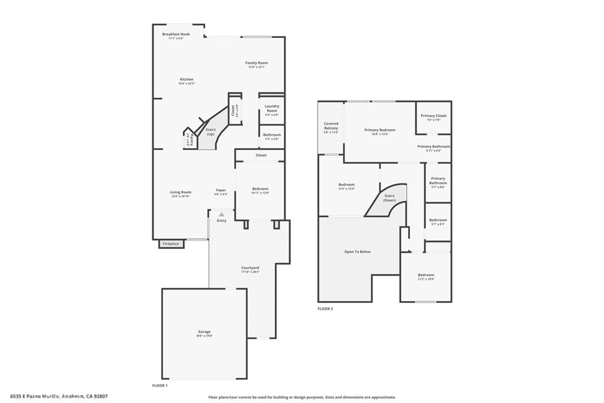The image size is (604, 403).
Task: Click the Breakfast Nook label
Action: [x=176, y=34]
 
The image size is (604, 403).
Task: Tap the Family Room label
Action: [x=257, y=63]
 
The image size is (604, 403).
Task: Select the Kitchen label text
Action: [x=186, y=80]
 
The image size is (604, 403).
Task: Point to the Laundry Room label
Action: [x=272, y=109]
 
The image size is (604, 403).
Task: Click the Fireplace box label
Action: [x=171, y=244]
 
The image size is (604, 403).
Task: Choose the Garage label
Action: [x=204, y=332]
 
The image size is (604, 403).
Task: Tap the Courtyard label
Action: [x=250, y=268]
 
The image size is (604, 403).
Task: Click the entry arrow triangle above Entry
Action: [x=221, y=215]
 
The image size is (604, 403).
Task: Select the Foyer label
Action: [x=221, y=190]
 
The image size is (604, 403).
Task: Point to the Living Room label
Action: [x=181, y=192]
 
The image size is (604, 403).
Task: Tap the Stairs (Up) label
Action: [x=211, y=132]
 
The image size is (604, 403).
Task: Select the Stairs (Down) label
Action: [x=389, y=198]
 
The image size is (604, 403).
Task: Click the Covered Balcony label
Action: [x=331, y=126]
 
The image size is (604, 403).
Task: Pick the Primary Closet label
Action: [x=434, y=116]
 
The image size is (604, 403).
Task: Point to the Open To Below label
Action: [x=357, y=252]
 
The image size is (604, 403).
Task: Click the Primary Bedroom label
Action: [x=380, y=130]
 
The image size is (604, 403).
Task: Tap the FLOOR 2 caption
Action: [x=325, y=309]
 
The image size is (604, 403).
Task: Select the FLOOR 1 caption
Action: [x=160, y=385]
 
